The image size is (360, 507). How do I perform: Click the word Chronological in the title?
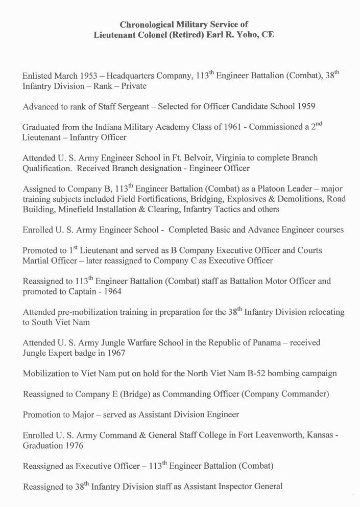tap(145, 24)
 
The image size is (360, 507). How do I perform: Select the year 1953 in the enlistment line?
tap(88, 76)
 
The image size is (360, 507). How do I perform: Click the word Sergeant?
tap(136, 107)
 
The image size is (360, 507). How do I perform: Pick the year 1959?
tap(304, 107)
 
